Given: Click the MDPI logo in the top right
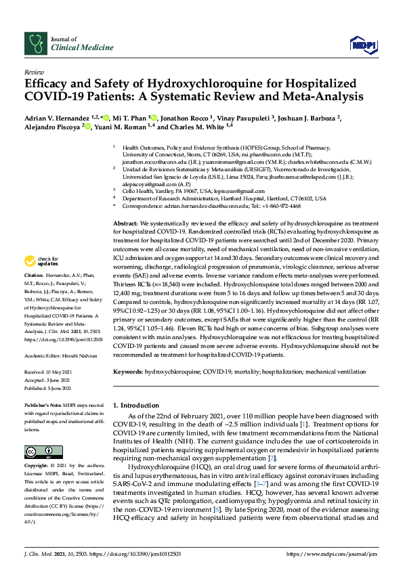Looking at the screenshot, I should point(362,44).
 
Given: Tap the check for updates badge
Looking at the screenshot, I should point(41,261).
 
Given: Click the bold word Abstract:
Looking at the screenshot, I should point(126,223).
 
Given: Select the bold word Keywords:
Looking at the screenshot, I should point(129,372).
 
